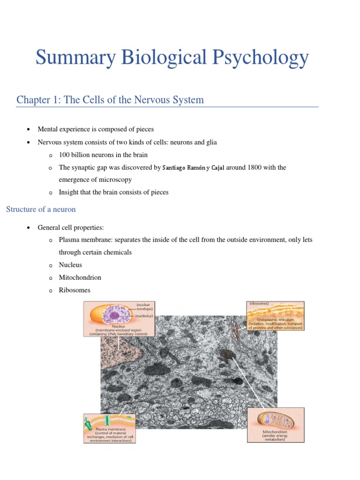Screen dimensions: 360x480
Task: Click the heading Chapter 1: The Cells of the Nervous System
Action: (x=110, y=100)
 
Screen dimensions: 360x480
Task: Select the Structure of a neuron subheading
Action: (x=41, y=209)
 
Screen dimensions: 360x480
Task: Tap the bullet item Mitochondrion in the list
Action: (x=80, y=277)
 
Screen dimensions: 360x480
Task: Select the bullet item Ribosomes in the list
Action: (x=75, y=290)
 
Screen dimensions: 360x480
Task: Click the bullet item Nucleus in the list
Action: (x=70, y=265)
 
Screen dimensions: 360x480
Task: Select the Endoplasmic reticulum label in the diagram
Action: (x=275, y=319)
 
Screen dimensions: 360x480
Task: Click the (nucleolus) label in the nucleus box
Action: (x=144, y=316)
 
